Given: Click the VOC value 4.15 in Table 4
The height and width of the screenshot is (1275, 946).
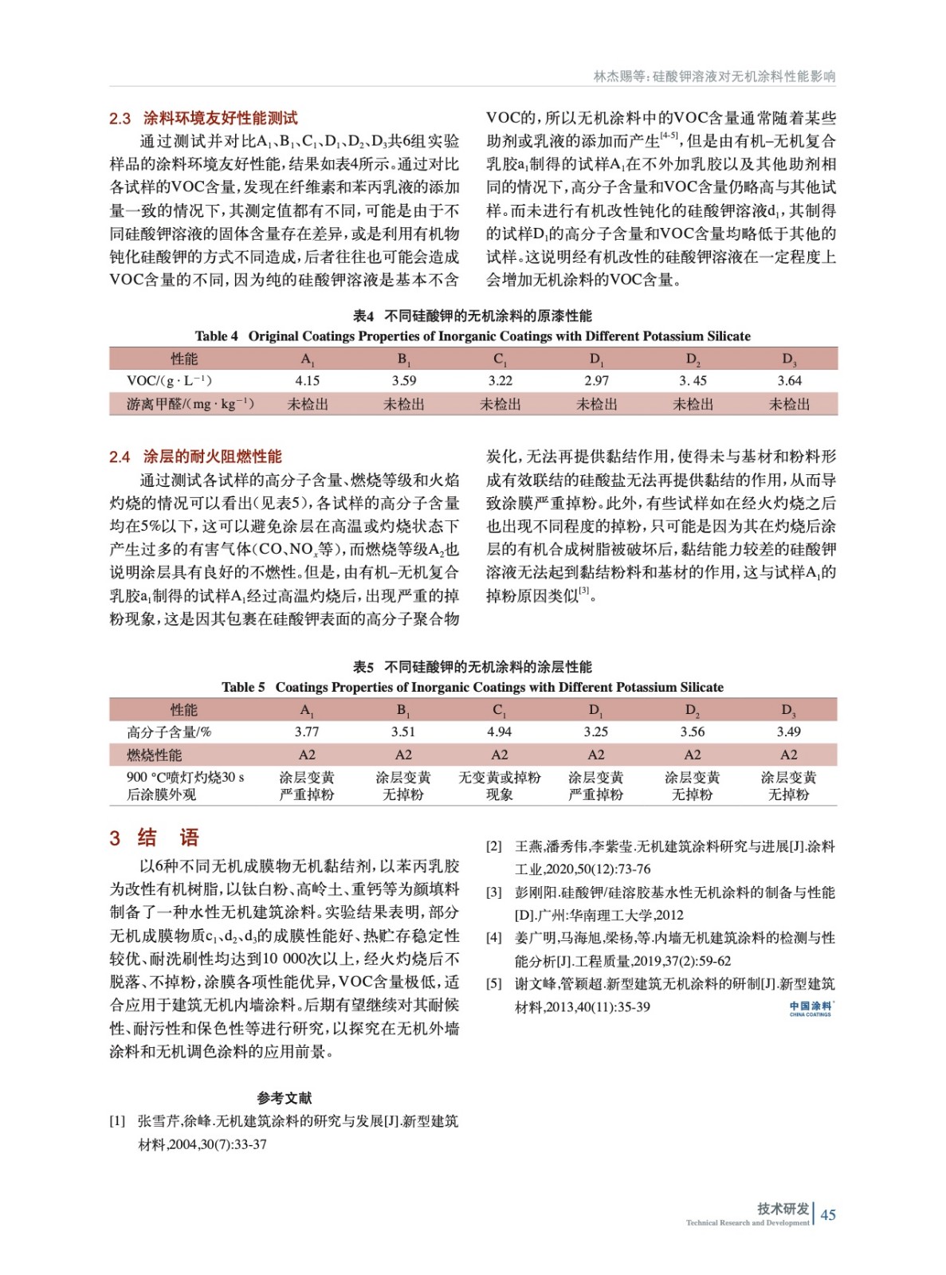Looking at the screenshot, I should [307, 381].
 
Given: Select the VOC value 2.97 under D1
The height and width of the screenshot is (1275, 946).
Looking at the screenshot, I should [596, 381].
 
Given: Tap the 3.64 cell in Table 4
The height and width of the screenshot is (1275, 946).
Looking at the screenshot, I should [789, 381].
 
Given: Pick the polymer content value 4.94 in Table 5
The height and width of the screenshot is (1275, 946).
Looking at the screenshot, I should [499, 732].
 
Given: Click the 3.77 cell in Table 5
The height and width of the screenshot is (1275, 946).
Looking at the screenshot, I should [307, 732].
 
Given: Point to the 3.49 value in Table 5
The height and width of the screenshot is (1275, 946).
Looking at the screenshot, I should [788, 732].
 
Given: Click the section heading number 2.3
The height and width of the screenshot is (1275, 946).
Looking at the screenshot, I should [120, 119].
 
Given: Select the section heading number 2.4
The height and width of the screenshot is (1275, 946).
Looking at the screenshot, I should [120, 457].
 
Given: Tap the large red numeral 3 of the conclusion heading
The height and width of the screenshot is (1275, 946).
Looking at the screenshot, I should [115, 838].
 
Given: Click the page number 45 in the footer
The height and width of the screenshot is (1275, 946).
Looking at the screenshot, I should [828, 1214].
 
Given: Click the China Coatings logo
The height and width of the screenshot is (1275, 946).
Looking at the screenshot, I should [810, 1008].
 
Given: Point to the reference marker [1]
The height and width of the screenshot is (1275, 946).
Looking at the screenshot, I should [117, 1121].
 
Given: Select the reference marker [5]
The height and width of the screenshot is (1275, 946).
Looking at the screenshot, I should [494, 984].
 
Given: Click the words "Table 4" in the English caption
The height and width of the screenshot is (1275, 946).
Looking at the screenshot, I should [216, 336].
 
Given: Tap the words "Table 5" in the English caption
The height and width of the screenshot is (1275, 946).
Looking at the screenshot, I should [243, 687].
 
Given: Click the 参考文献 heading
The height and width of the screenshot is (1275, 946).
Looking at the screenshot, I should [284, 1098].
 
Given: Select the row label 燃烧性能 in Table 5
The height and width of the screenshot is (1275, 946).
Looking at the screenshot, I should [154, 755].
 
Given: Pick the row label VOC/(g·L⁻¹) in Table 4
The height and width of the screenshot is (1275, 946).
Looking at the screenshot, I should [169, 381].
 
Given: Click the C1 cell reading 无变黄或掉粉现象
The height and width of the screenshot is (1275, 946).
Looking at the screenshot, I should [499, 786].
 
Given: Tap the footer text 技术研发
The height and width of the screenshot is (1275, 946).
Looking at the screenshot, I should [783, 1209].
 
